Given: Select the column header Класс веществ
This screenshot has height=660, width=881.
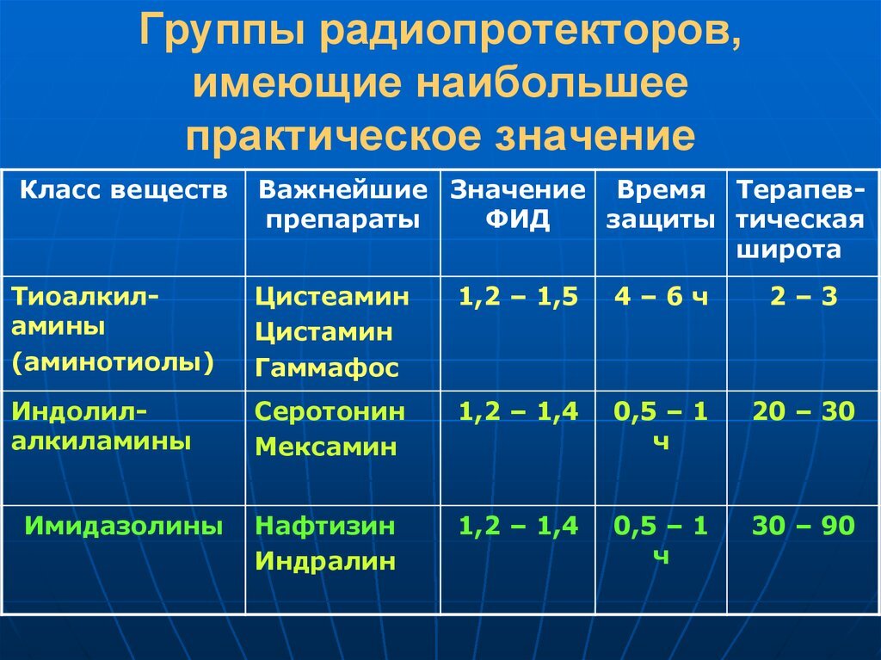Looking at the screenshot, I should (124, 190).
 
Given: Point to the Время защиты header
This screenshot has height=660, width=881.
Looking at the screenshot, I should (661, 205).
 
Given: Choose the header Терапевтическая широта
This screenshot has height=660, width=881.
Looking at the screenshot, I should (801, 219).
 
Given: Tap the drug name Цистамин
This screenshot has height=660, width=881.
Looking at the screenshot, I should (323, 332).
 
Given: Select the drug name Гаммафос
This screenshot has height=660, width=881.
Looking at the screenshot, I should (327, 368).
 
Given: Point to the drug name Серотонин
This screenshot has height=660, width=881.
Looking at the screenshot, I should (330, 411).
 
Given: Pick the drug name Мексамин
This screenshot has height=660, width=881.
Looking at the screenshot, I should (326, 447).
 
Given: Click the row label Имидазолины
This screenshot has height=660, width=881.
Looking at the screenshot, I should (124, 526).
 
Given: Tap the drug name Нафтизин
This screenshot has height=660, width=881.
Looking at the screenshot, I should (325, 526).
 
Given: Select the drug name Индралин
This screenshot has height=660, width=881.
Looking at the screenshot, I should (325, 561).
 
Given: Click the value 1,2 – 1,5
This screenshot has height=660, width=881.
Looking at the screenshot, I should (518, 298).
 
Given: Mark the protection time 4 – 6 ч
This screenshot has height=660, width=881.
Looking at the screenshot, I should (661, 298).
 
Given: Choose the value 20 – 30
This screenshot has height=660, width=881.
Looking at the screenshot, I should (804, 411).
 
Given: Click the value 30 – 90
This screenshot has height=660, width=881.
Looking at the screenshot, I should (804, 526).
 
